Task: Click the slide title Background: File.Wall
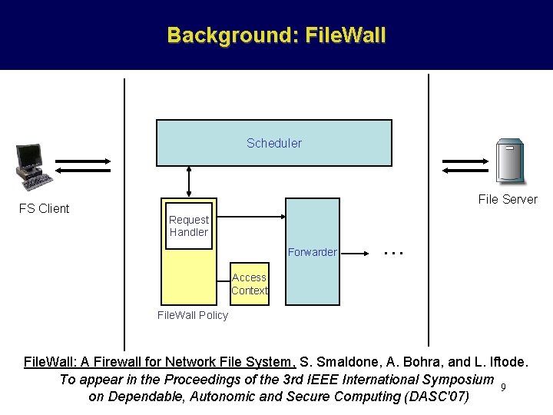tap(276, 35)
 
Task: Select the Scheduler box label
tap(274, 143)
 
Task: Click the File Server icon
tap(510, 161)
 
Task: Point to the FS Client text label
tap(44, 208)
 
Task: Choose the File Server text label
tap(508, 200)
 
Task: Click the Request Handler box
tap(189, 226)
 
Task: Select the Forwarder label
tap(312, 252)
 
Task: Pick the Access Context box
tap(250, 284)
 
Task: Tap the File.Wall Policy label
tap(192, 315)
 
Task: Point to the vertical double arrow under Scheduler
tap(189, 182)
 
